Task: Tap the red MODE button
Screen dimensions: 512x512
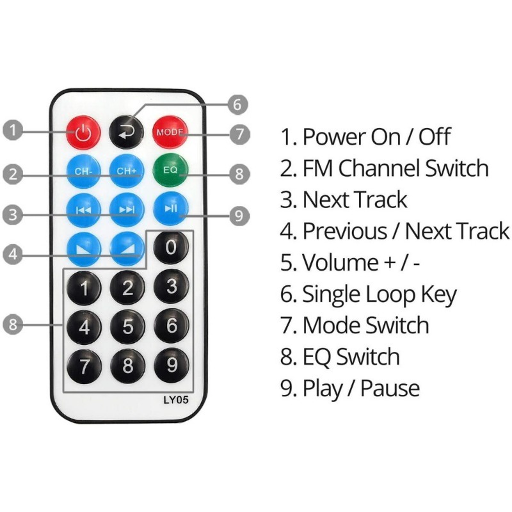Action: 171,132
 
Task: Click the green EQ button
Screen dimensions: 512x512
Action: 171,172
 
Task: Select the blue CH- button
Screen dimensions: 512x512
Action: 83,172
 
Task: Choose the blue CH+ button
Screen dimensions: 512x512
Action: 127,172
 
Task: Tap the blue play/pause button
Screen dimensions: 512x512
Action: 171,209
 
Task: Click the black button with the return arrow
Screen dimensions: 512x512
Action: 127,132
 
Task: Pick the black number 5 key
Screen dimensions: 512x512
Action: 127,326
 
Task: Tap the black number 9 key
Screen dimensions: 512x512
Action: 171,365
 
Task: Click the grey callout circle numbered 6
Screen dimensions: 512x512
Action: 236,104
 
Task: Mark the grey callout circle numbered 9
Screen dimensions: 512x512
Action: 239,215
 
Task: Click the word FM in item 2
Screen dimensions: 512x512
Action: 318,168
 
